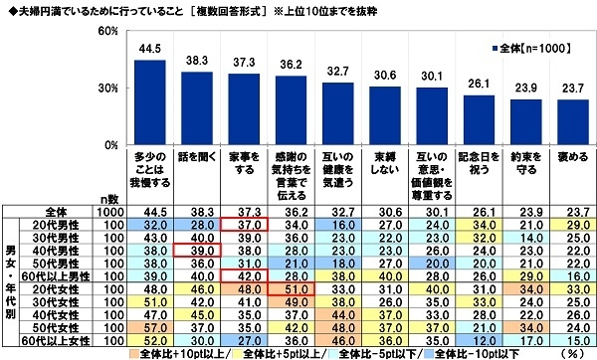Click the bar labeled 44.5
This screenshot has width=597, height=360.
149,102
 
